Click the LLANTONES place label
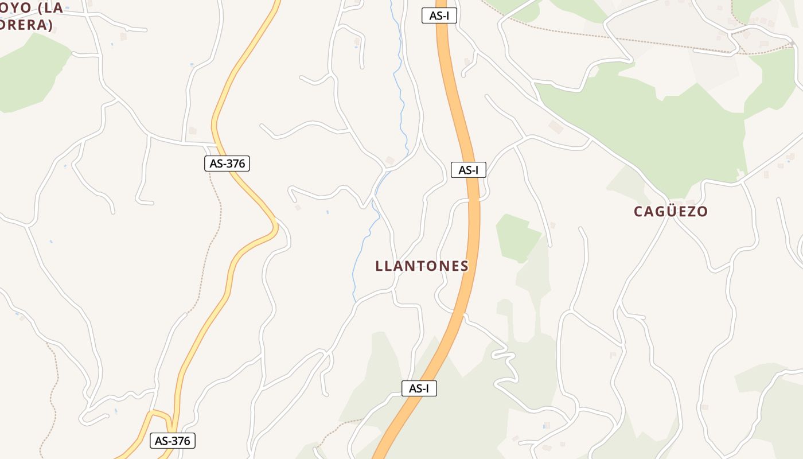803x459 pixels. [422, 266]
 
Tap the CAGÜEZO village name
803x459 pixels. [671, 211]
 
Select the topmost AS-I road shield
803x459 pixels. [439, 15]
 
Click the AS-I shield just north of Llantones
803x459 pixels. [468, 170]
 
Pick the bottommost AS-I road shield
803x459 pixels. [419, 388]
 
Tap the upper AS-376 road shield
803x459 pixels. [227, 164]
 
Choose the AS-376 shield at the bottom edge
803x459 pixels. [173, 441]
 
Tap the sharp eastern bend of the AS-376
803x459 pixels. [275, 227]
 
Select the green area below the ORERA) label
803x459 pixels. [29, 75]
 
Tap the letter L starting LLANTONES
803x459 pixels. [379, 266]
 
